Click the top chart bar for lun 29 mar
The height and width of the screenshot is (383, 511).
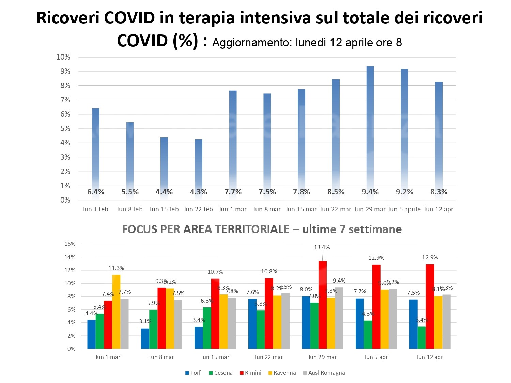[x=370, y=129]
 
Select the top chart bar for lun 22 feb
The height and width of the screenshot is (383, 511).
[x=199, y=163]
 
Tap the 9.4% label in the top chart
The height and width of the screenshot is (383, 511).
[x=370, y=192]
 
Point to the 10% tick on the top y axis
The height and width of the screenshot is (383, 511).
[x=63, y=57]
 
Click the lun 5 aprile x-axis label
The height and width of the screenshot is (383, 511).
[x=404, y=209]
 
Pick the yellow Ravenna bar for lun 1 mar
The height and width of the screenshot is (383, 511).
[x=116, y=312]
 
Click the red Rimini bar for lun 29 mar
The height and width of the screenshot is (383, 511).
[x=323, y=305]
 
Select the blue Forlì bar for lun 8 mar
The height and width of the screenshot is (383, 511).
[x=145, y=338]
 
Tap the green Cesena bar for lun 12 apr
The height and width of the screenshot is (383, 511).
[x=422, y=337]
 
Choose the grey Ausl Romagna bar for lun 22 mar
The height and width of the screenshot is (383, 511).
[x=285, y=321]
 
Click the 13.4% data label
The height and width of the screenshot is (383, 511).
[x=322, y=248]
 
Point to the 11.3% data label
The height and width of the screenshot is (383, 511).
[x=116, y=268]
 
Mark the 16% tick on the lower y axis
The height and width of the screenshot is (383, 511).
[x=70, y=244]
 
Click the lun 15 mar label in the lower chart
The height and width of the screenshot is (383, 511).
[x=215, y=357]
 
